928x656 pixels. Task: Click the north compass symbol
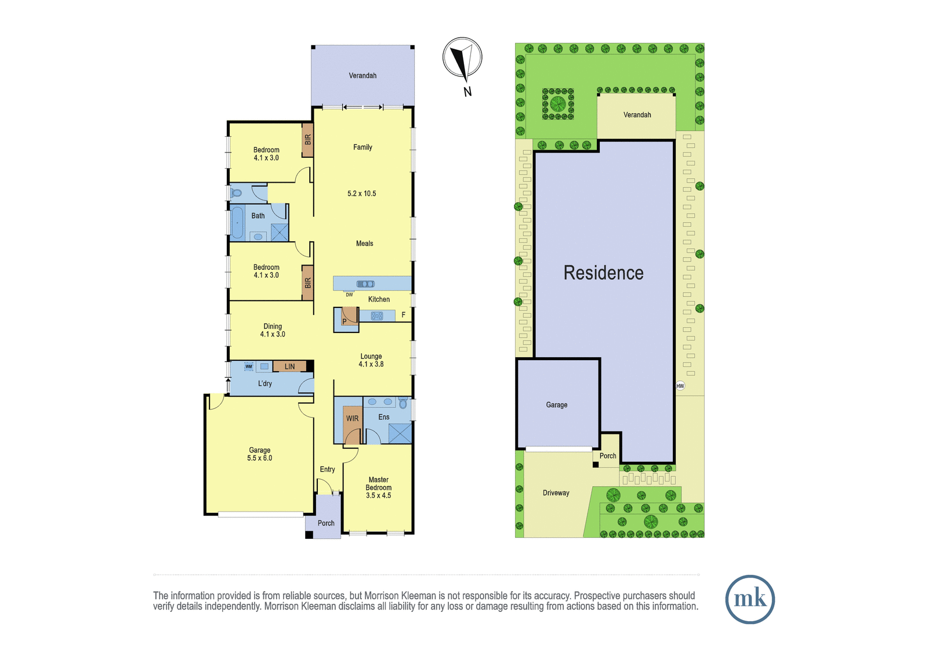coord(462,57)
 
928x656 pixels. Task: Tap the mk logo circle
coord(750,599)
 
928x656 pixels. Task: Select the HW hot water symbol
coord(680,386)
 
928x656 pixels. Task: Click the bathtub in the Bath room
coord(237,223)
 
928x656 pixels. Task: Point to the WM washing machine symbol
coord(249,367)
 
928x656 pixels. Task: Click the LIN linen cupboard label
coord(289,367)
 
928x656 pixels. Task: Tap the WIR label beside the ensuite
coord(352,419)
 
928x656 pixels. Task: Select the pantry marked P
coord(346,320)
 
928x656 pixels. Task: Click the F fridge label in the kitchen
coord(403,316)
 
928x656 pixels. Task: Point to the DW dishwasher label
coord(349,295)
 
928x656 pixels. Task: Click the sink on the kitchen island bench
coord(365,284)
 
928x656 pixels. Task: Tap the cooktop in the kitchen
coord(377,316)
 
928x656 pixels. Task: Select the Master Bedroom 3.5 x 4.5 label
coord(378,487)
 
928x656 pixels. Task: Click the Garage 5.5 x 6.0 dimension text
coord(260,458)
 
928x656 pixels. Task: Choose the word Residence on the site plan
coord(603,273)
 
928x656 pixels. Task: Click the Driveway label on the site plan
coord(556,493)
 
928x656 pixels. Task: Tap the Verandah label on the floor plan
coord(362,75)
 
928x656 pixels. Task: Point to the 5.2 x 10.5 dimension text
coord(362,194)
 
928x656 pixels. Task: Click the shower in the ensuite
coord(400,433)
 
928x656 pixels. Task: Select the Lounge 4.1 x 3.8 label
coord(371,360)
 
